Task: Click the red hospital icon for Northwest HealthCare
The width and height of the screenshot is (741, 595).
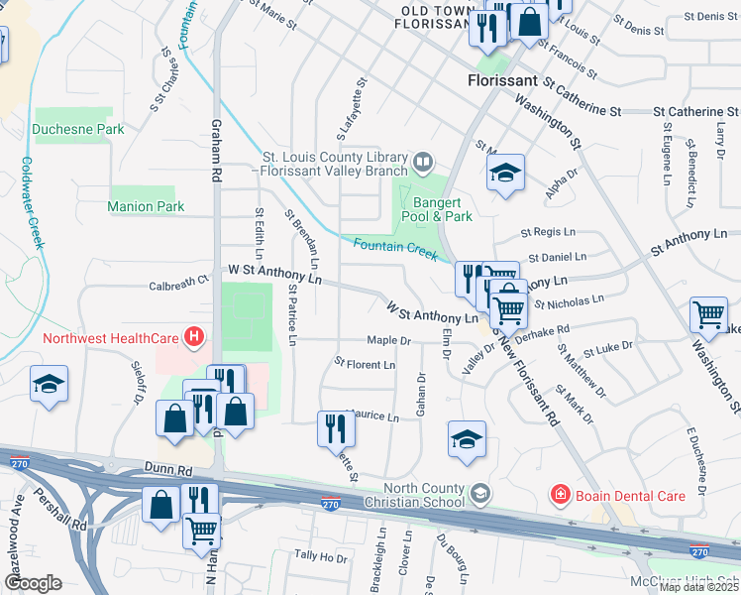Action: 194,337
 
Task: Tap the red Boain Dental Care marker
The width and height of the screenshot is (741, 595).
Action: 560,493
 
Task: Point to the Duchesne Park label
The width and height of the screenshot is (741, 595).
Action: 78,129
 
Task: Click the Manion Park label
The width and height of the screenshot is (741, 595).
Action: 147,206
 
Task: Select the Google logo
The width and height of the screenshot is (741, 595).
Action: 33,582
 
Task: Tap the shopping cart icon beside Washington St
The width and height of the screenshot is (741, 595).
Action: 709,315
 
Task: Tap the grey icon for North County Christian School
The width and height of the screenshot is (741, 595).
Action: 479,493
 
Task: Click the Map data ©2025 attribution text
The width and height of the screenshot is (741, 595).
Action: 698,587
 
